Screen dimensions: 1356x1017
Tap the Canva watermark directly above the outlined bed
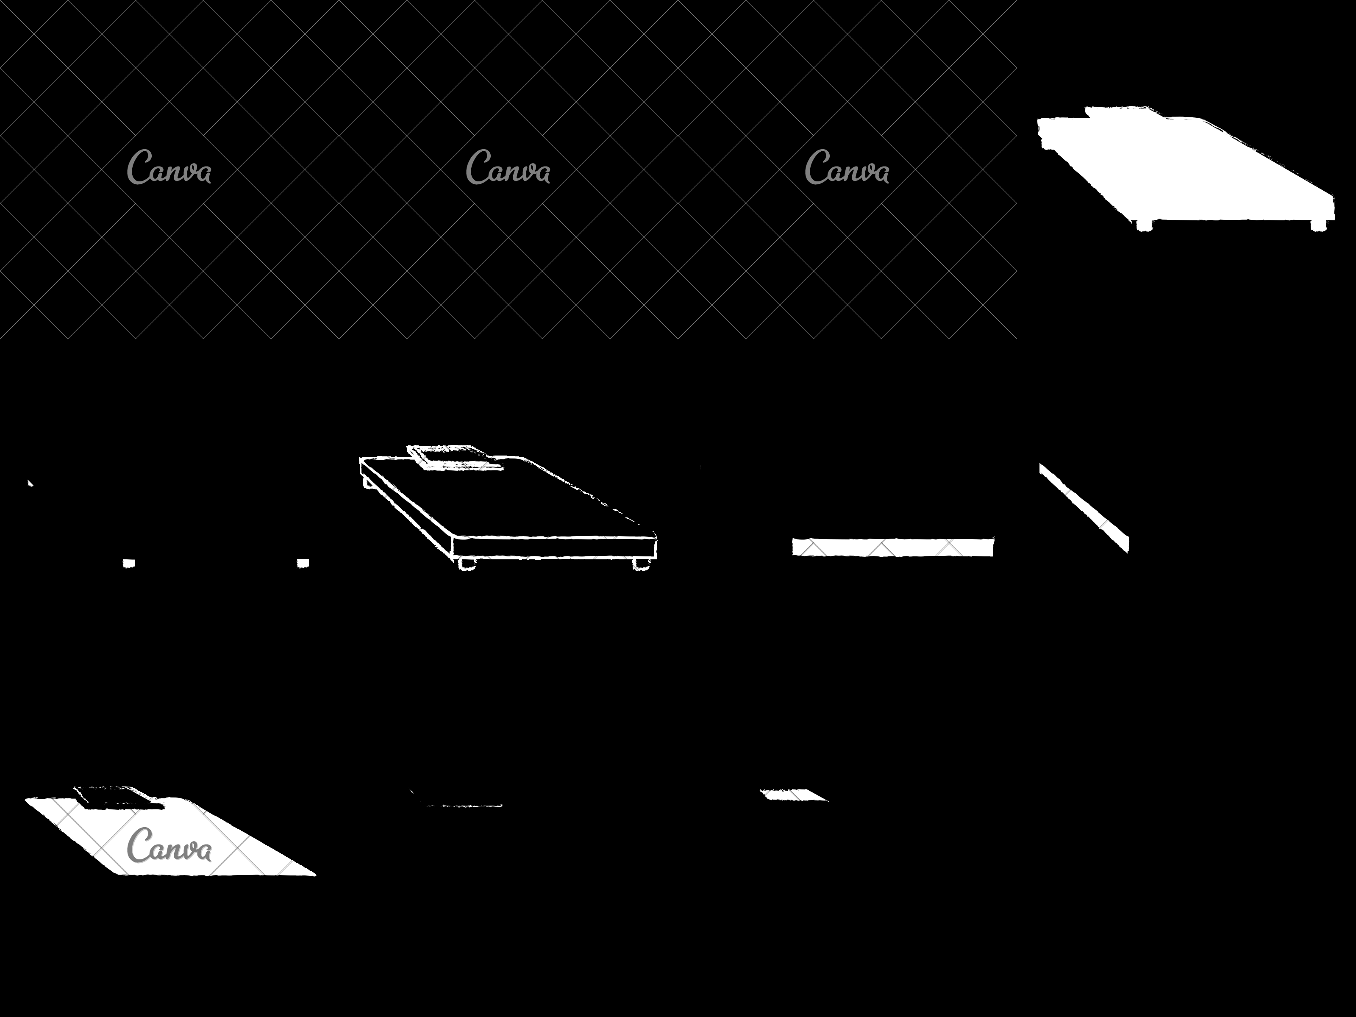(508, 167)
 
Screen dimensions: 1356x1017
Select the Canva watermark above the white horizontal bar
(847, 167)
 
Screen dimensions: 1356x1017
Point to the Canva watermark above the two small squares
(169, 167)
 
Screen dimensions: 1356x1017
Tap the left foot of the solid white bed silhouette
(1144, 225)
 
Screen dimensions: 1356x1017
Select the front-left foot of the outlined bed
(467, 564)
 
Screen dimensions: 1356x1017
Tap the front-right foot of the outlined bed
(641, 564)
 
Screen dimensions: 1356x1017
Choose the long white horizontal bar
(892, 547)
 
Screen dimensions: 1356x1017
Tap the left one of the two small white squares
(129, 563)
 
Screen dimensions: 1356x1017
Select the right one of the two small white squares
(303, 563)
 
